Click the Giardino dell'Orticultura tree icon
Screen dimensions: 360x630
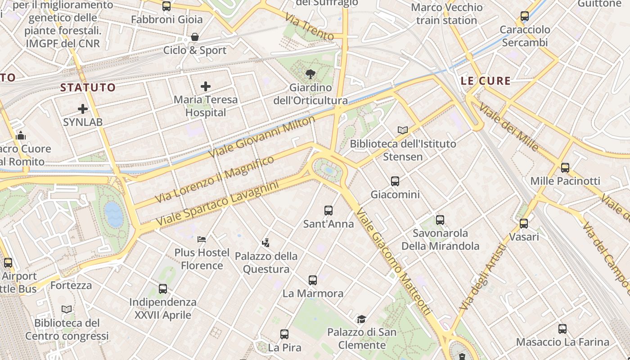[x=310, y=74]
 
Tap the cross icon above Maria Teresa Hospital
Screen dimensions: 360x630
[x=206, y=86]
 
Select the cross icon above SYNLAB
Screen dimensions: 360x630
[x=83, y=109]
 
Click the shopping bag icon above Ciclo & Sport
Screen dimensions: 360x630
[x=195, y=37]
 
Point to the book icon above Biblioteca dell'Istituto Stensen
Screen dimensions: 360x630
[x=403, y=130]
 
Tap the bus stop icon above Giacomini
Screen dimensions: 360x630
[x=395, y=181]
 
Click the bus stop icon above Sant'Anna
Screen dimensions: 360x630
[x=328, y=211]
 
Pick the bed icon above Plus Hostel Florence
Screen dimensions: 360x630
[x=202, y=239]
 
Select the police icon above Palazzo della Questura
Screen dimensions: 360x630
[x=266, y=243]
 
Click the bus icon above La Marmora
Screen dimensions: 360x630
[x=313, y=280]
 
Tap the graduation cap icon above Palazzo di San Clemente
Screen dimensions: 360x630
[x=361, y=319]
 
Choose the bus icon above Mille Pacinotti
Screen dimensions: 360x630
[x=565, y=168]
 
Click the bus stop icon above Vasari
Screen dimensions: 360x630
[x=524, y=223]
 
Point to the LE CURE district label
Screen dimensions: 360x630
[x=486, y=81]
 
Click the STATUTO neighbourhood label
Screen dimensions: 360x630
[x=88, y=87]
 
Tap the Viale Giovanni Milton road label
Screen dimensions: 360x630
[x=262, y=137]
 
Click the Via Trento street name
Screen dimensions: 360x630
[x=310, y=27]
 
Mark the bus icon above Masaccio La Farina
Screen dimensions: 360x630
[x=562, y=329]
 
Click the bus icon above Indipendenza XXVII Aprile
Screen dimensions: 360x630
[x=163, y=289]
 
